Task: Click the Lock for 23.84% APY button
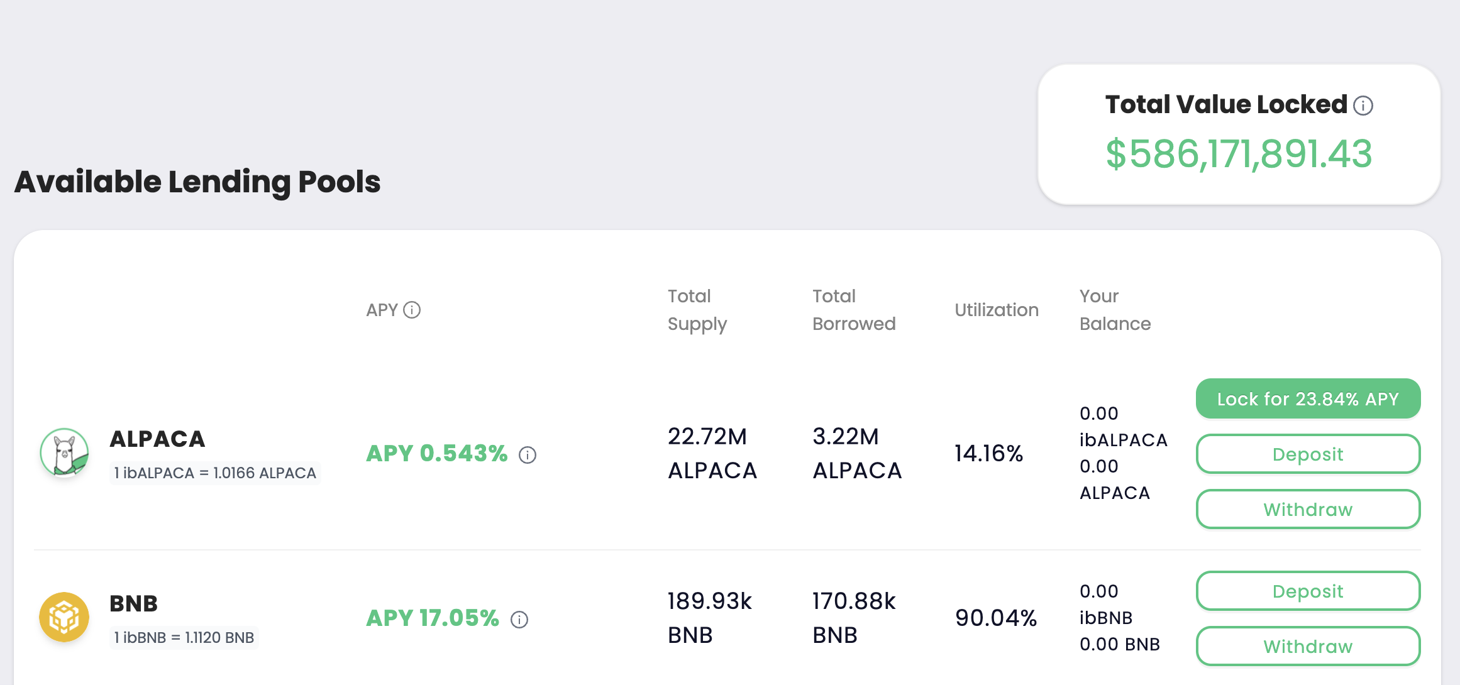tap(1308, 398)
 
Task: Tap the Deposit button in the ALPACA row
tap(1308, 454)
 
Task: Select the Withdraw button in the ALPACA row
tap(1308, 509)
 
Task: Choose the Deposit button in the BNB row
tap(1308, 591)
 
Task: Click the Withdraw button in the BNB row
tap(1308, 646)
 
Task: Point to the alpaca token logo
tap(64, 452)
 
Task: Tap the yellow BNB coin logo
tap(64, 617)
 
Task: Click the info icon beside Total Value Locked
tap(1363, 106)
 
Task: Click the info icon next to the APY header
tap(412, 310)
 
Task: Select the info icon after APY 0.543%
tap(528, 455)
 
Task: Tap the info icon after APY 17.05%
tap(519, 620)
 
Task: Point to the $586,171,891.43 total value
tap(1239, 154)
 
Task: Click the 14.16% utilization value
tap(989, 453)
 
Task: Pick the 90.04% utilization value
tap(996, 618)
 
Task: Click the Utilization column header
tap(997, 310)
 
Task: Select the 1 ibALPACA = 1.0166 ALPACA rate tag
tap(215, 473)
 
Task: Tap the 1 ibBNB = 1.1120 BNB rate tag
tap(184, 637)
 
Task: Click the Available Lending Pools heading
tap(197, 182)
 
